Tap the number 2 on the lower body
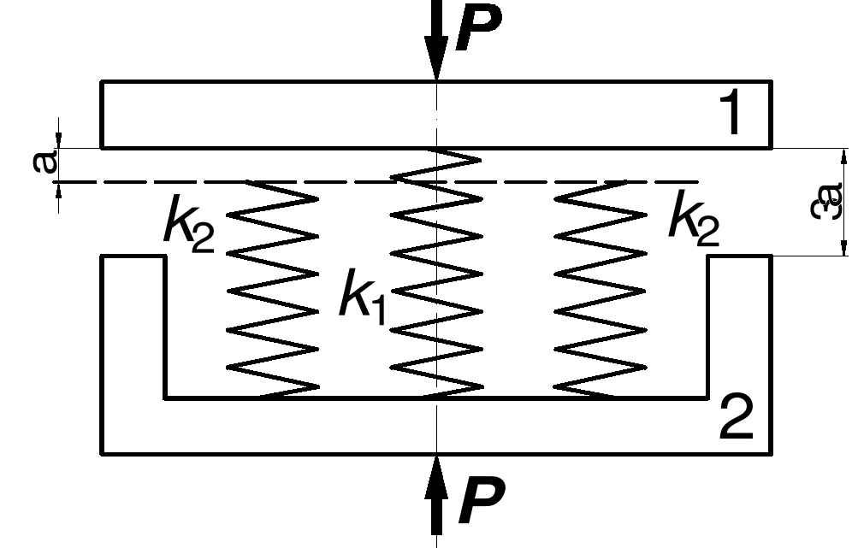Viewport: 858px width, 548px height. click(736, 418)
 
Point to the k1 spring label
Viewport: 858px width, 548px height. click(362, 296)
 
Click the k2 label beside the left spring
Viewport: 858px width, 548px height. click(189, 226)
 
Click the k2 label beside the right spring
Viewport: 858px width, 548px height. click(694, 221)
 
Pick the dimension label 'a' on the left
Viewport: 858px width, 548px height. click(45, 162)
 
